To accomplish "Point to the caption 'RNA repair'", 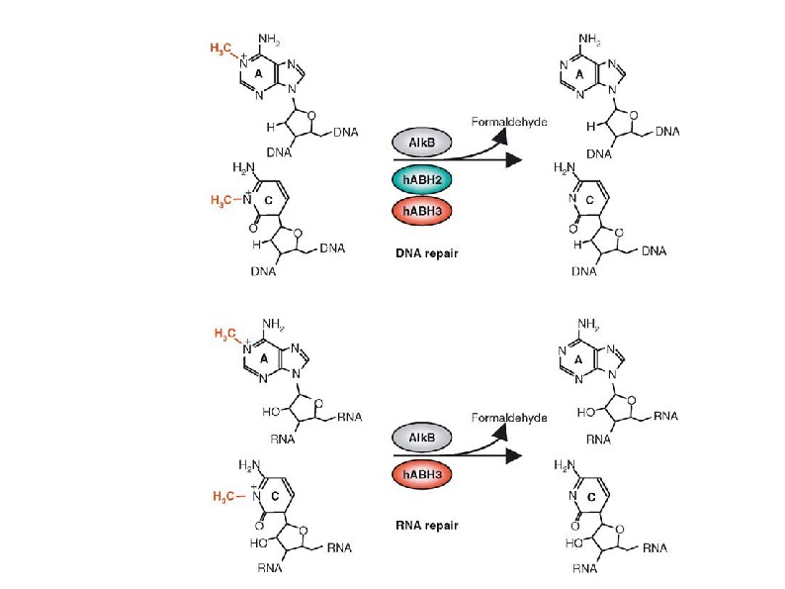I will point(424,515).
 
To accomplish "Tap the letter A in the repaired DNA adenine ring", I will point(581,73).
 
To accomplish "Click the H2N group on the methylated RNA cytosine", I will point(250,465).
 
